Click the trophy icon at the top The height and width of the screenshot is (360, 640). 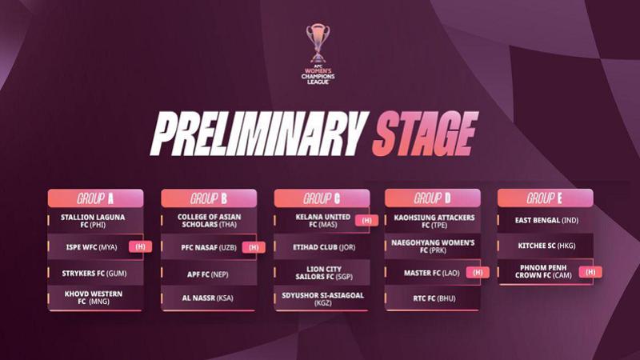[x=318, y=42]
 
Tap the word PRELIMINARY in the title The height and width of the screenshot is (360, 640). [x=258, y=134]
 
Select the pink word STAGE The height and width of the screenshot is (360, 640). [x=425, y=134]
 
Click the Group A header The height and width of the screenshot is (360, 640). [x=95, y=198]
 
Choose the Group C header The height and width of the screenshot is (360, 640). [x=322, y=198]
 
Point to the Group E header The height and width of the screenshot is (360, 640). [x=546, y=198]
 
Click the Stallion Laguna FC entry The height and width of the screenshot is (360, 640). [x=93, y=221]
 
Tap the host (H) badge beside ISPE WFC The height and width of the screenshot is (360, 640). [x=140, y=246]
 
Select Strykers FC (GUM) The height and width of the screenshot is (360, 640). [x=94, y=274]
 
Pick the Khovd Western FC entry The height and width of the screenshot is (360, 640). [x=94, y=298]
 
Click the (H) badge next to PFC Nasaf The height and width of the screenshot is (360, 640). [x=254, y=247]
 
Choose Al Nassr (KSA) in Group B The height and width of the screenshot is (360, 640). [x=208, y=298]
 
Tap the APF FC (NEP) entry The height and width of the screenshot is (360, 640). [x=208, y=274]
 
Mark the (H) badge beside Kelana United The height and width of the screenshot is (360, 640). [x=366, y=221]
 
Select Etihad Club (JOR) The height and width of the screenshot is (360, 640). [x=324, y=247]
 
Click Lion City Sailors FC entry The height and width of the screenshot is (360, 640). [x=324, y=273]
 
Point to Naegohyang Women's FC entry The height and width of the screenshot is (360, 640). [x=433, y=246]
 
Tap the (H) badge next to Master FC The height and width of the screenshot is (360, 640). [x=478, y=272]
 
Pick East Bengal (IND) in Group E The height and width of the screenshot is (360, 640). [x=546, y=220]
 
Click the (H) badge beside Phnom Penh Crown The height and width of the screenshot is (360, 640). [x=590, y=272]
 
